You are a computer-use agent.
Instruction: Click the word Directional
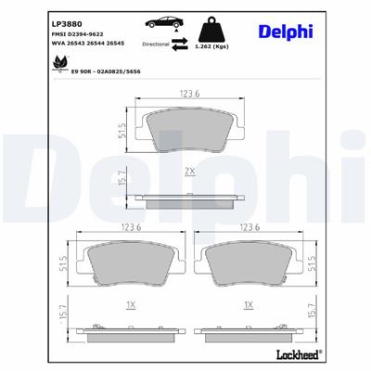click(x=156, y=43)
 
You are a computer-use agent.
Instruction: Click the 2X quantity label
click(x=189, y=172)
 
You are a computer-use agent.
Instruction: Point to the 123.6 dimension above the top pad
click(x=190, y=93)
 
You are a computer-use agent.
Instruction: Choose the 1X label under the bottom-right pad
click(x=248, y=304)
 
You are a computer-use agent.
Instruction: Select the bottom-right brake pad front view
click(x=248, y=265)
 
